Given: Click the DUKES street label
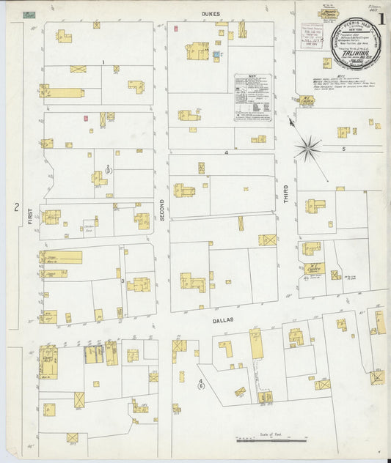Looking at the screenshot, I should coord(211,13).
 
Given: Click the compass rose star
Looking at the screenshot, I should coord(308,148).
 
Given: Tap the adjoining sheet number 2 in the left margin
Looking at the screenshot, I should coord(15,207).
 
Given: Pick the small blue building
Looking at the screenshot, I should coord(216,54).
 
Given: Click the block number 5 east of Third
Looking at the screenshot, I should coord(343,149).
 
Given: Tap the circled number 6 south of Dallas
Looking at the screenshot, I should coord(201,388).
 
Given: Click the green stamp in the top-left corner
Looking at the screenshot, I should coord(29,14).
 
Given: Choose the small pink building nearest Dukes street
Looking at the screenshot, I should coord(176,29).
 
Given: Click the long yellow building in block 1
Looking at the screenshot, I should coord(63,93).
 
